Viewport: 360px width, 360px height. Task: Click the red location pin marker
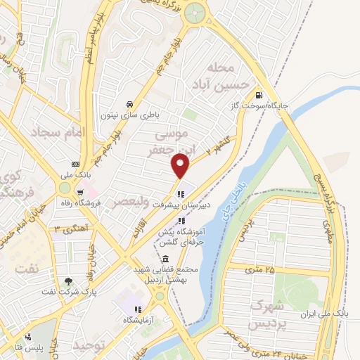(x=181, y=166)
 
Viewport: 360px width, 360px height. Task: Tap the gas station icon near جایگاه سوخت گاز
(x=260, y=95)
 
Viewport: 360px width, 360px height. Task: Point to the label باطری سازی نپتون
(x=129, y=113)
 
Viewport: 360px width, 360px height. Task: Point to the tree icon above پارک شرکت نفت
(x=67, y=282)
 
